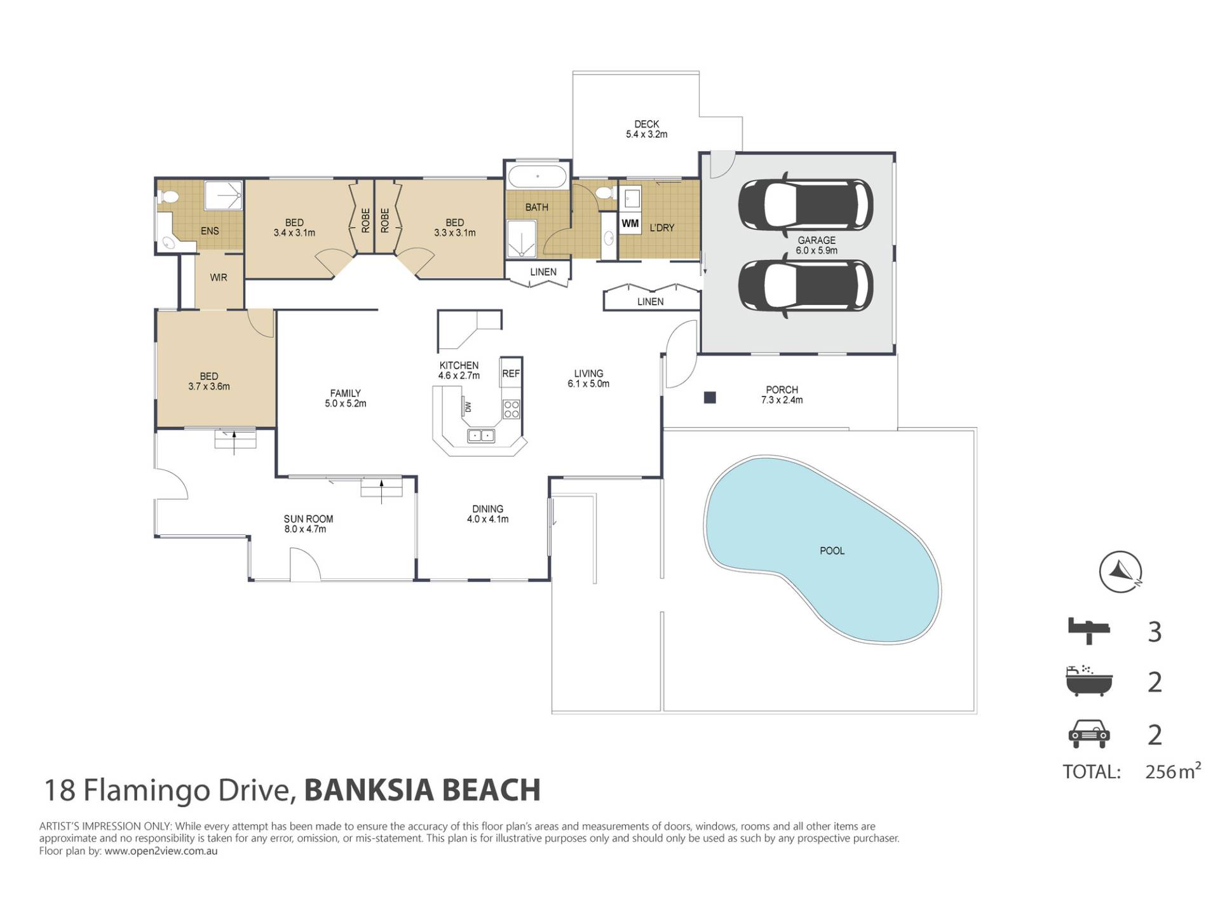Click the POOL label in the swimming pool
832,551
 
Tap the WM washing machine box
630,223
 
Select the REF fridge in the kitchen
511,374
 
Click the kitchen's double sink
480,436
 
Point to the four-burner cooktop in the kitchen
511,409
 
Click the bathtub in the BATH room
538,177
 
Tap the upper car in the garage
805,205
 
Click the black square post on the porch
710,398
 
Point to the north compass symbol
1120,571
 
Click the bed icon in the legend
1089,631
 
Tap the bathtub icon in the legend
1089,681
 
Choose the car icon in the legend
1089,734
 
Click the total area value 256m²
1173,771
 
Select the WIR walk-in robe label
219,278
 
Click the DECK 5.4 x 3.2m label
647,129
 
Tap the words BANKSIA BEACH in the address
423,790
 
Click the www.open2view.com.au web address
161,851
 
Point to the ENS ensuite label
210,231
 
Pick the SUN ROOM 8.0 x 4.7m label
308,524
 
